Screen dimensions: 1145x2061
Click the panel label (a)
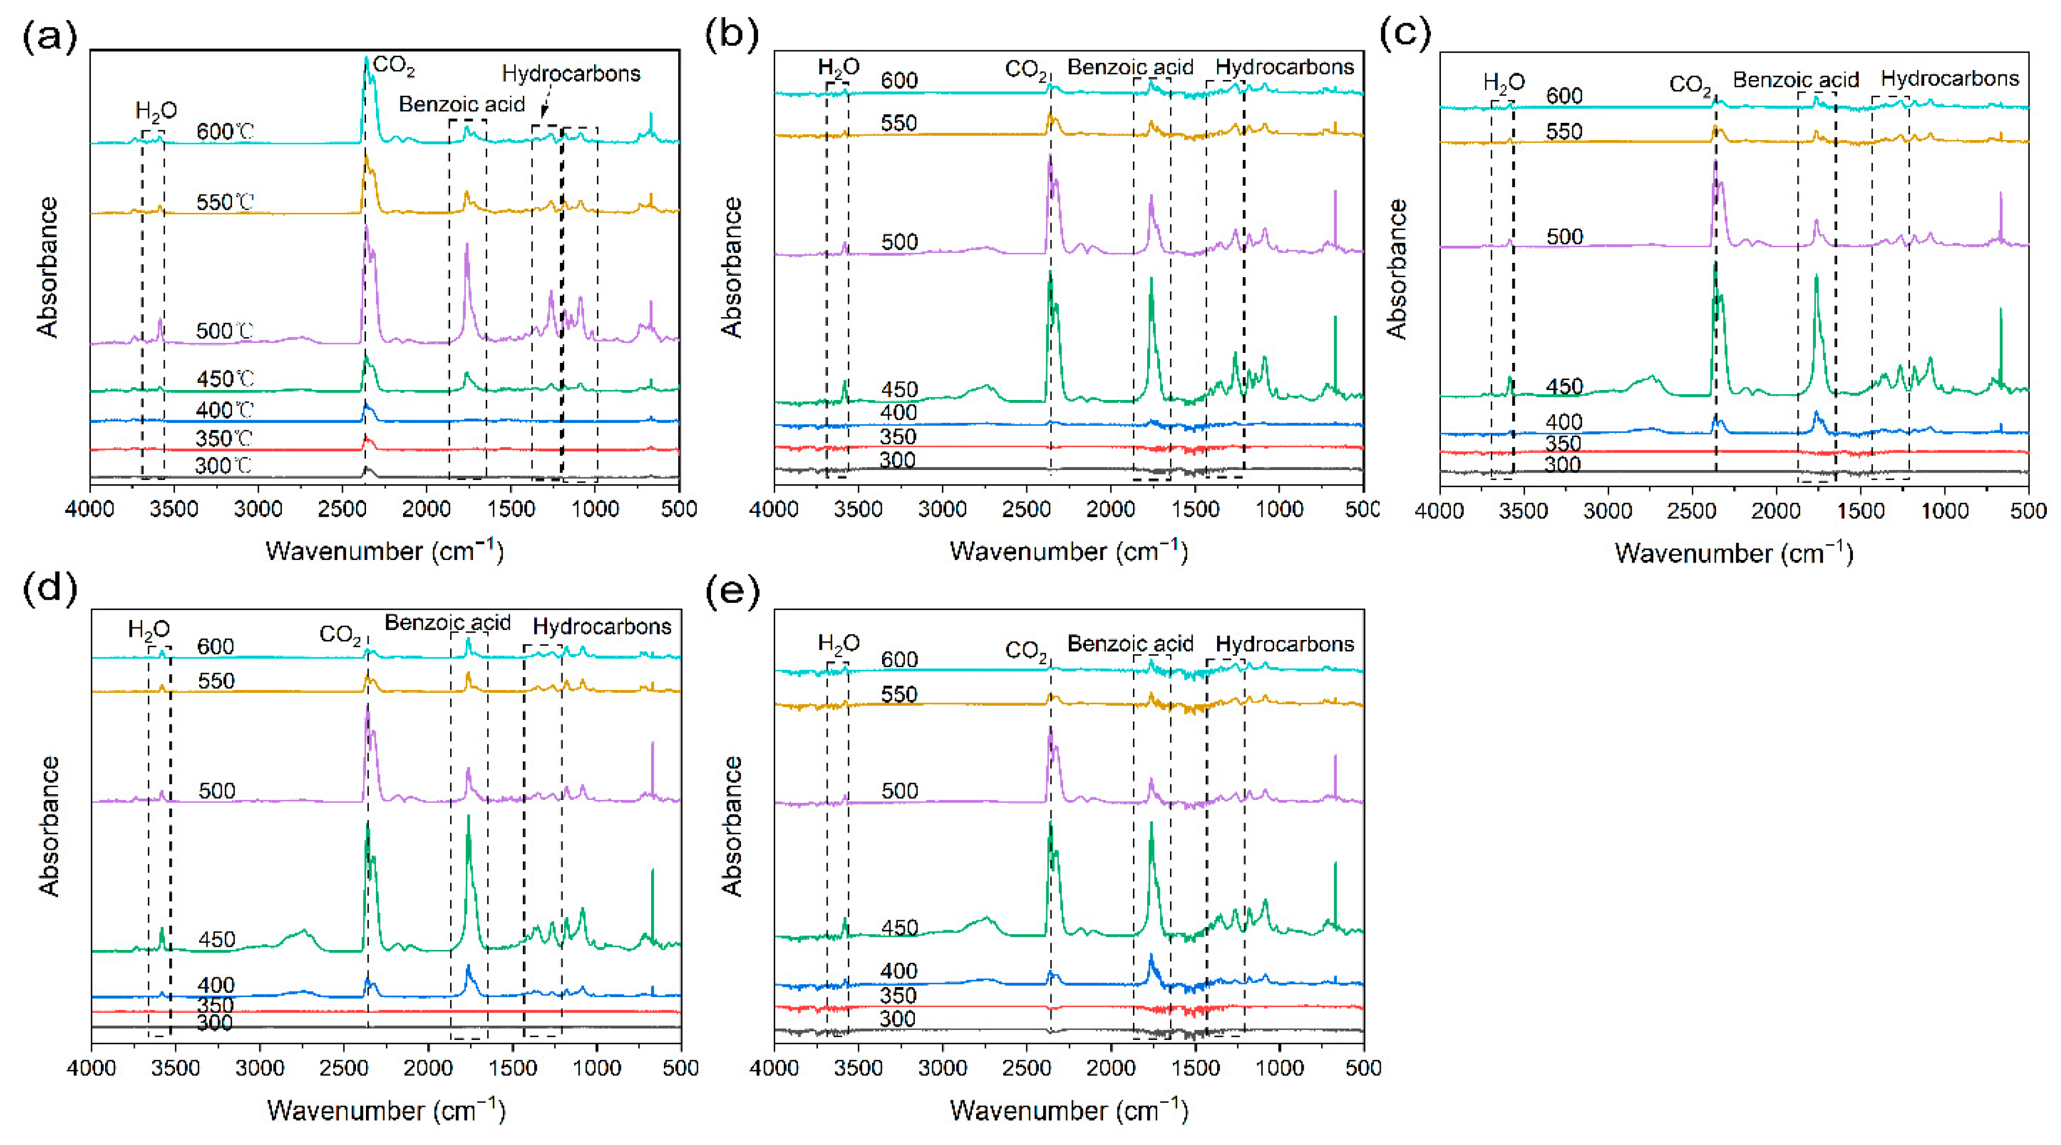click(50, 36)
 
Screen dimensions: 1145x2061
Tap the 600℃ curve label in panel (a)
click(225, 131)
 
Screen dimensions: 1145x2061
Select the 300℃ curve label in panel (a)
click(223, 466)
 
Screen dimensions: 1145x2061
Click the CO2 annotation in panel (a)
click(394, 65)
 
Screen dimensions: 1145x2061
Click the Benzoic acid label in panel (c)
click(1795, 80)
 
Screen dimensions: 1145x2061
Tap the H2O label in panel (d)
click(149, 629)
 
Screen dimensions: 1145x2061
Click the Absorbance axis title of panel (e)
click(731, 826)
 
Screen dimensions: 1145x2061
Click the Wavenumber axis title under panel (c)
click(1734, 553)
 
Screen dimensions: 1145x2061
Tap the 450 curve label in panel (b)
click(899, 390)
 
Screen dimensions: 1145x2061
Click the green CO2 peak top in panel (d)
click(367, 824)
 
